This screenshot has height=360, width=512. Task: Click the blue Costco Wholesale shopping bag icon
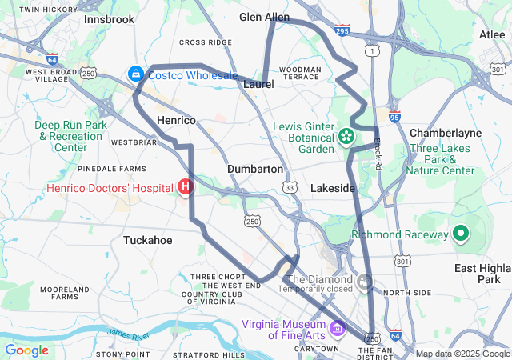pos(135,74)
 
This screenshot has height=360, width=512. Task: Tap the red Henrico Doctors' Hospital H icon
pos(186,187)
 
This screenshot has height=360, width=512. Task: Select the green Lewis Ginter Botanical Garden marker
pos(346,137)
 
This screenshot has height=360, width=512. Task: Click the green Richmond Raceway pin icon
pos(460,234)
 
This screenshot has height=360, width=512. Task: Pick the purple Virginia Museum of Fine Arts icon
pos(337,328)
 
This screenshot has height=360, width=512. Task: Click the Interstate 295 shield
pos(342,31)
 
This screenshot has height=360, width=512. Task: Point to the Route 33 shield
pos(289,186)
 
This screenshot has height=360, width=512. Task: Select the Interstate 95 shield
pos(394,117)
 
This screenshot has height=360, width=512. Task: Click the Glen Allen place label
pos(265,17)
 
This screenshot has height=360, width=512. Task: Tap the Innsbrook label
pos(109,18)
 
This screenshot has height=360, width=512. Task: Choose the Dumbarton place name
pos(255,170)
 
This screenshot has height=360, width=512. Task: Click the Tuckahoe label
pos(147,239)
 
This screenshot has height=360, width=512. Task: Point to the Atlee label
pos(491,34)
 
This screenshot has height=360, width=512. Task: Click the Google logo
pos(26,350)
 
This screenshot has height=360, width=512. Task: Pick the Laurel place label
pos(258,83)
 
